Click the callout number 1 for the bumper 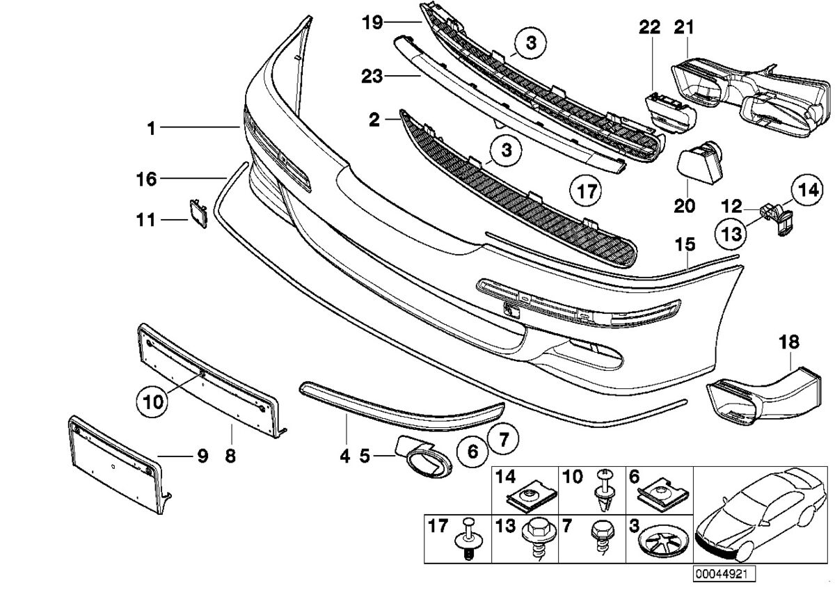pos(151,127)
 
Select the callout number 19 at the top pos(372,22)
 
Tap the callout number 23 pos(372,76)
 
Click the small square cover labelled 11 pos(198,214)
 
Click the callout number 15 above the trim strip pos(685,244)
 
